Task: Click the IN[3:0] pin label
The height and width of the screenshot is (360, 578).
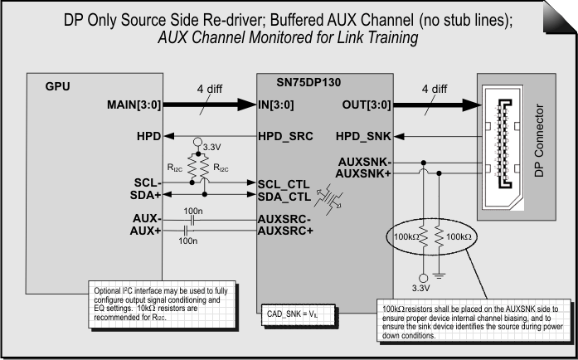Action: coord(281,105)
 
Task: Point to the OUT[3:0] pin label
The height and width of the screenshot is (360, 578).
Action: coord(367,105)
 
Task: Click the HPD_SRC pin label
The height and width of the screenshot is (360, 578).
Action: coord(285,135)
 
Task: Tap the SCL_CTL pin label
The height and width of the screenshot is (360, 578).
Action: coord(285,183)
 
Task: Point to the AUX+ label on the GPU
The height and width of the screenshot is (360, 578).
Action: coord(147,231)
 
